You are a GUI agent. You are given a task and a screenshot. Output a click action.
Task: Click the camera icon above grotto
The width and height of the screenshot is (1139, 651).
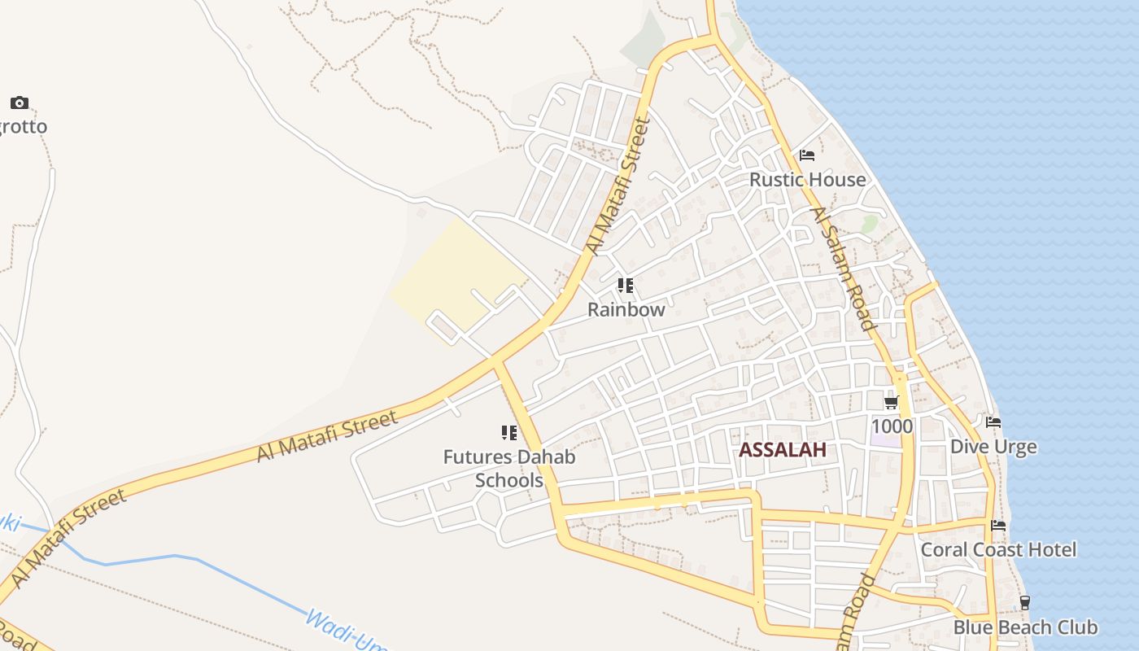[x=20, y=103]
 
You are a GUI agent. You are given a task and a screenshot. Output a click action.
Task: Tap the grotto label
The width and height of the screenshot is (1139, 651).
[x=23, y=127]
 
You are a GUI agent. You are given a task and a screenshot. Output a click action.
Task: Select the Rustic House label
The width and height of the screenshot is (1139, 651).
[x=807, y=179]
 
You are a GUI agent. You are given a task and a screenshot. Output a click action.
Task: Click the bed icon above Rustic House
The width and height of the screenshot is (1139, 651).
[x=807, y=155]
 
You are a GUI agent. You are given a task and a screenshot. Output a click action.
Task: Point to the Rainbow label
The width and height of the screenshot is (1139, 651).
[x=626, y=309]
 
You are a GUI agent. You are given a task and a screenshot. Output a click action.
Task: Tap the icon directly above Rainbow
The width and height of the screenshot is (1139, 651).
[x=626, y=285]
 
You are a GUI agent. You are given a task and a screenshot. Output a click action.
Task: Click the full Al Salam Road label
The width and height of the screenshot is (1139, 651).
[x=842, y=269]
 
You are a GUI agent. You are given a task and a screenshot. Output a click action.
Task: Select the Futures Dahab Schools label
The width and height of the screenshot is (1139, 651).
[x=509, y=469]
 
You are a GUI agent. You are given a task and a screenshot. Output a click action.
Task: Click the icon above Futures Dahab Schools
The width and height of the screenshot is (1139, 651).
[x=509, y=432]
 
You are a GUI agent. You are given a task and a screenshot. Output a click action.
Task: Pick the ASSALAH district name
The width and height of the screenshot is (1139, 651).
[x=782, y=450]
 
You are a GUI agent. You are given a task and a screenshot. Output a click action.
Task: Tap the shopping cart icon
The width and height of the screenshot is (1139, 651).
[x=892, y=402]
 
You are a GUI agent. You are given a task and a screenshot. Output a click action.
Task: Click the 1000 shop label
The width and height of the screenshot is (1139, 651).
[x=892, y=426]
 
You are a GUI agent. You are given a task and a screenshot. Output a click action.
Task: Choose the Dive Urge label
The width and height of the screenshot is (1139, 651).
[x=993, y=447]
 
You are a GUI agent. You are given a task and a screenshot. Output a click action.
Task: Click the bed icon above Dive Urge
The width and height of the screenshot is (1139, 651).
[x=993, y=422]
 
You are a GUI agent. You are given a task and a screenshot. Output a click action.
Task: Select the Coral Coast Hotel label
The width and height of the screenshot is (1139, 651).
[x=998, y=550]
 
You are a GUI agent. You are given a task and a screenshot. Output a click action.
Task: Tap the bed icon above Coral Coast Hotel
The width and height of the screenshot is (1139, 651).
[x=998, y=526]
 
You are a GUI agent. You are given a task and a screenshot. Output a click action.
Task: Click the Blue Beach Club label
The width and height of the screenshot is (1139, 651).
[x=1025, y=627]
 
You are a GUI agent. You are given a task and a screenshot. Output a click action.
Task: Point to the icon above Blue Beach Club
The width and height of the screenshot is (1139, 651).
[x=1025, y=603]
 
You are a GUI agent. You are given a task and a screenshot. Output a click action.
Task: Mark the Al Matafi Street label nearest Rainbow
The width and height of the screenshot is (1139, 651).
[x=618, y=187]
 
